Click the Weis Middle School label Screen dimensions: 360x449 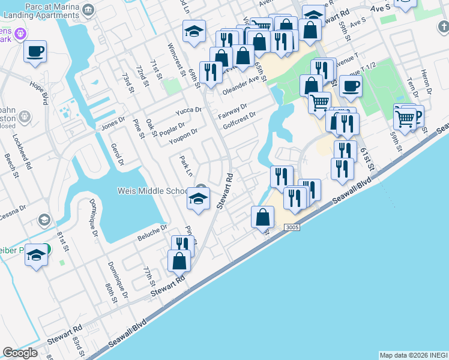153,191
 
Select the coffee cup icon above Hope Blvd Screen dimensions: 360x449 35,52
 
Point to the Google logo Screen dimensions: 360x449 20,353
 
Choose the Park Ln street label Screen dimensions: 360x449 186,166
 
